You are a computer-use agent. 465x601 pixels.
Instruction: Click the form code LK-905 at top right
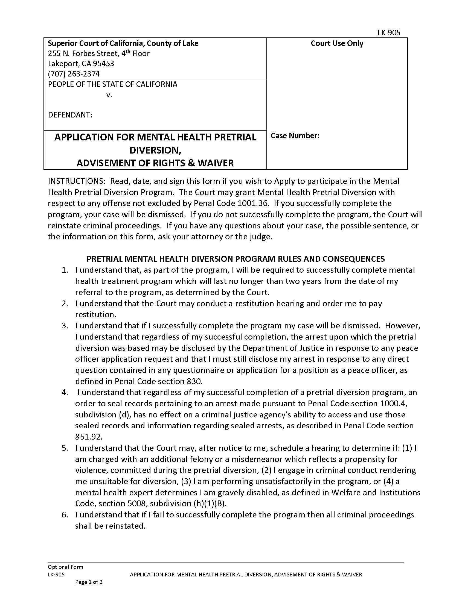coord(389,33)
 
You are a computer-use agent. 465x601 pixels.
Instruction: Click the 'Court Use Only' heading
coord(337,43)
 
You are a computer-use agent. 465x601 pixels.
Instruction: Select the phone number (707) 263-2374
coord(74,74)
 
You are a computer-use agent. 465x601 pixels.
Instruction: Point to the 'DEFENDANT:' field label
coord(70,115)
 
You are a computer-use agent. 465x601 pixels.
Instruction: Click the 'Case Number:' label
coord(295,136)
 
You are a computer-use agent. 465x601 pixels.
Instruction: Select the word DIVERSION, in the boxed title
coord(155,150)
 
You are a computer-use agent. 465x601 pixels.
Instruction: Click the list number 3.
coord(65,326)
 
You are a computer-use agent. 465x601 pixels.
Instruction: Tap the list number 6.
coord(65,515)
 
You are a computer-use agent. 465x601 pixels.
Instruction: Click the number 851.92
coord(88,437)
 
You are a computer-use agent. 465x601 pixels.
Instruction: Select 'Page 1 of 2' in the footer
coord(89,582)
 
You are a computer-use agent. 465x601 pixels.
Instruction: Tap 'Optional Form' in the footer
coord(65,567)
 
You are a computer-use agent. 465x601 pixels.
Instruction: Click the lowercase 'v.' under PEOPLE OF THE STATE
coord(109,95)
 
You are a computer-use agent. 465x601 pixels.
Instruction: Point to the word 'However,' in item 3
coord(402,326)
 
